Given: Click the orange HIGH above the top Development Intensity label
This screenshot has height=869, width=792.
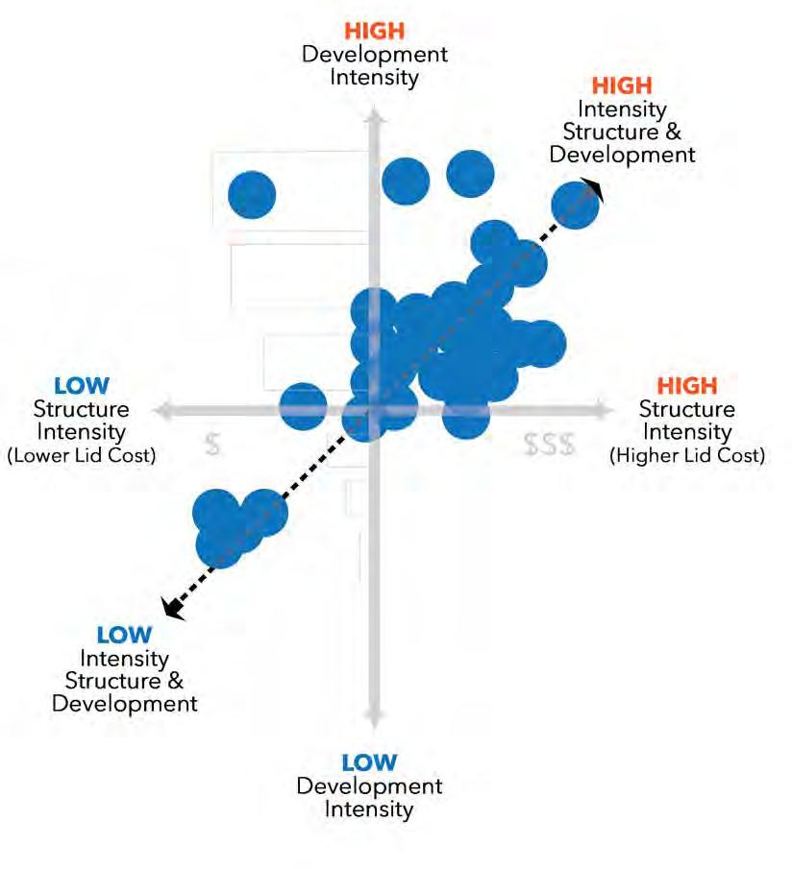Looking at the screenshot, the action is [374, 32].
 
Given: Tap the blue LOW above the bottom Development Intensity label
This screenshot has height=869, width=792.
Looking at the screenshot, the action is [369, 762].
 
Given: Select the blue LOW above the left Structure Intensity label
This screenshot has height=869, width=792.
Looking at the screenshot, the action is [82, 386].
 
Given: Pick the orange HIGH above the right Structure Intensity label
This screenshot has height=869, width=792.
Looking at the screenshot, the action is [687, 385].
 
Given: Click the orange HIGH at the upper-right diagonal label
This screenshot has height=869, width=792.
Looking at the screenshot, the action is [622, 86].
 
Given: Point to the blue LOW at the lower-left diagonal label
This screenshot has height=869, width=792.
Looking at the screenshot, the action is [124, 635].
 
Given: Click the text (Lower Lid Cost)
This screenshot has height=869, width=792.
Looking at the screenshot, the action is [81, 455].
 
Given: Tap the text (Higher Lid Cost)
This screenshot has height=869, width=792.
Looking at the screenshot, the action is [687, 455].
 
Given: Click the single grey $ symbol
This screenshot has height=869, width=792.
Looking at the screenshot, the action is [214, 445].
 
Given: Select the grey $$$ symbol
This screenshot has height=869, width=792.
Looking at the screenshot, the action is [550, 445].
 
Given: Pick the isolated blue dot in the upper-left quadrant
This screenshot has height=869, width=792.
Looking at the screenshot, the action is [252, 195].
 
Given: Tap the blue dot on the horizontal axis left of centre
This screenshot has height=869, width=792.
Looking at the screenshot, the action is [303, 406].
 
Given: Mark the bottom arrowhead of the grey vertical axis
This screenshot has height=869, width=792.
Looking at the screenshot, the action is [374, 716].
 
